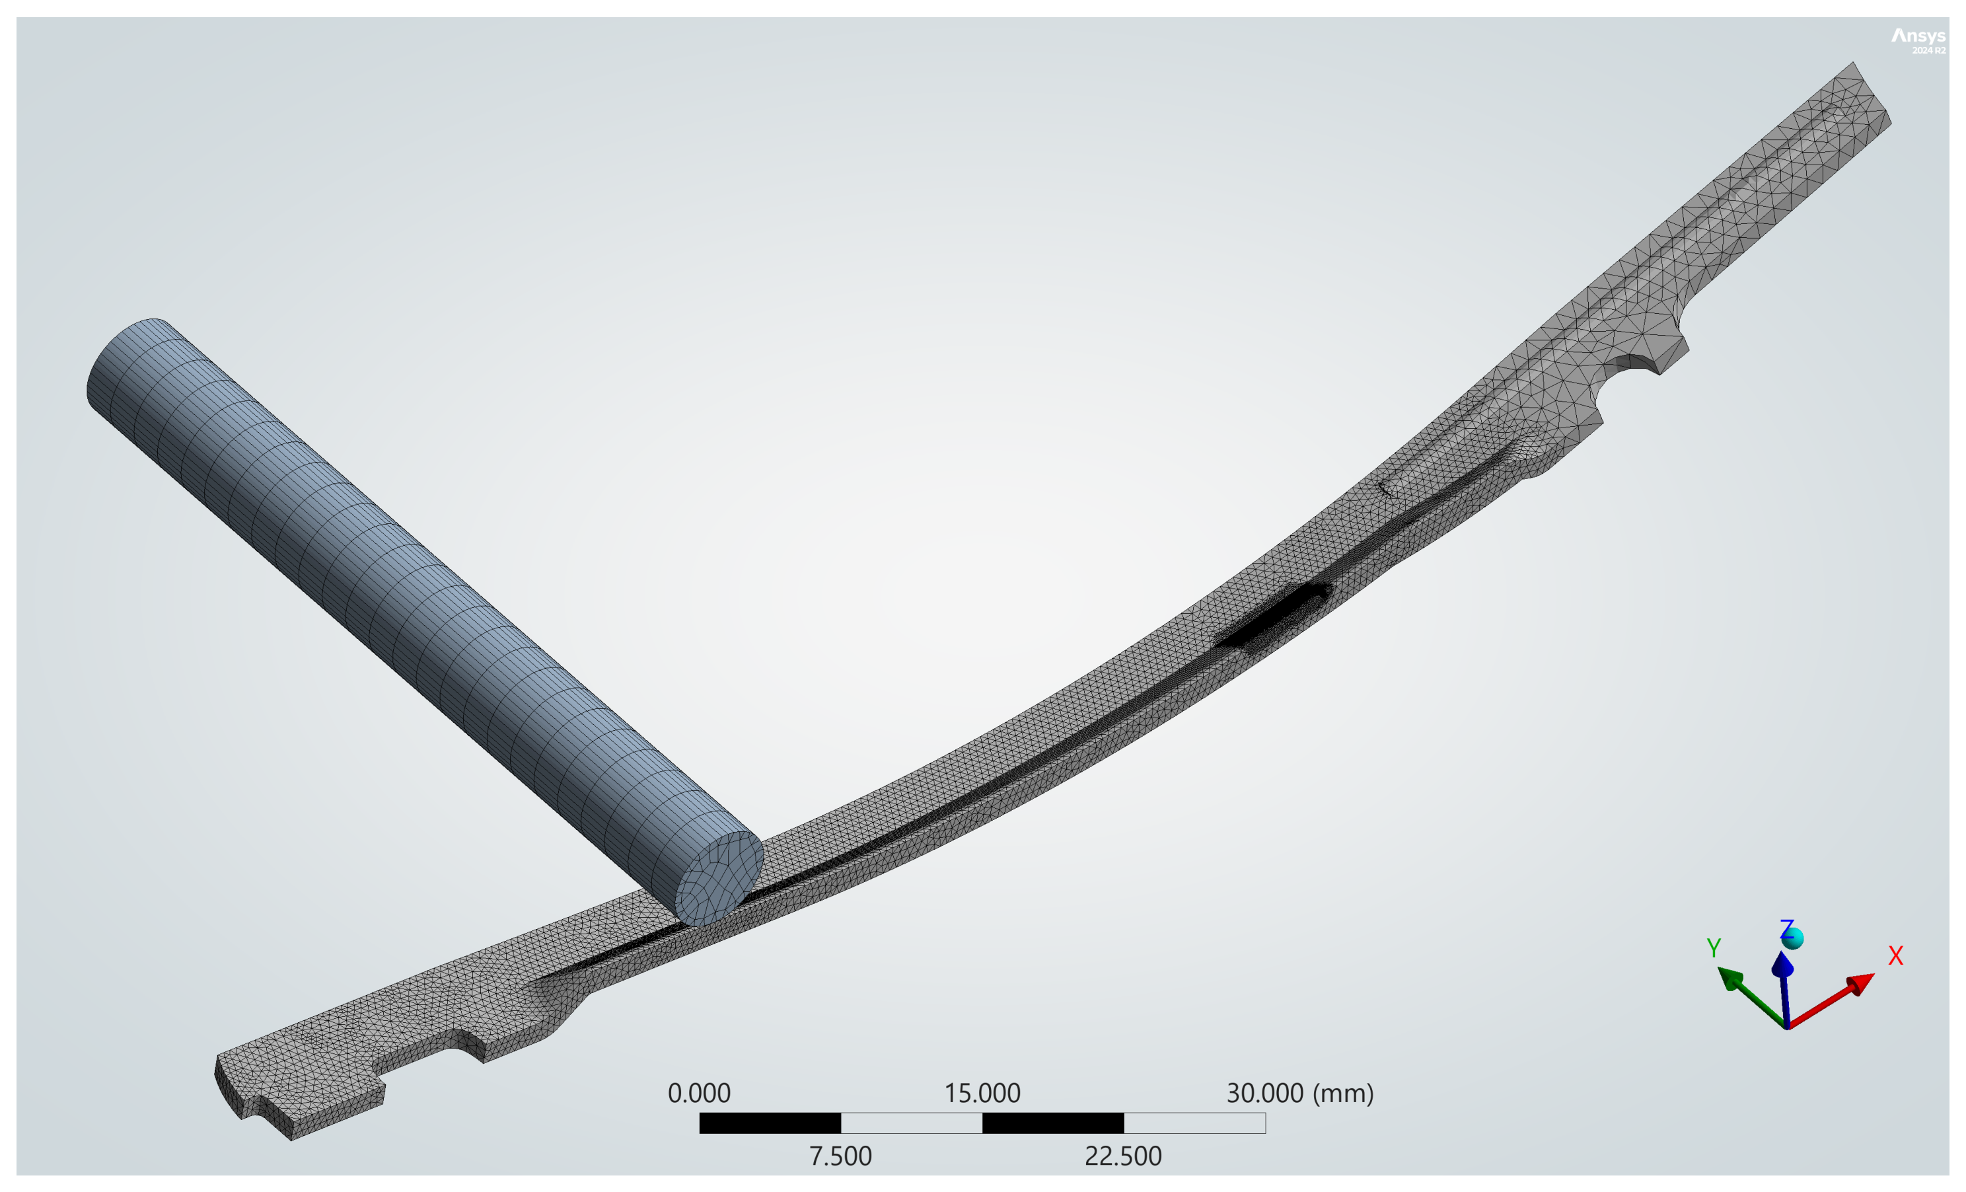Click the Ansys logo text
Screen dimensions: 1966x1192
point(1918,36)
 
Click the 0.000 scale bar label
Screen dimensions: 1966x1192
point(699,1093)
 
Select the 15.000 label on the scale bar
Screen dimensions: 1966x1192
point(982,1093)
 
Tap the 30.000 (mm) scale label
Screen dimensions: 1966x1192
point(1299,1093)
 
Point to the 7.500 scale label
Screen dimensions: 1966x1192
point(840,1156)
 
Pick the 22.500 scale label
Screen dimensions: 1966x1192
point(1122,1156)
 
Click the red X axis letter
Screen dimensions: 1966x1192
point(1896,956)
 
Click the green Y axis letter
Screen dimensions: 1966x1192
point(1713,948)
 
